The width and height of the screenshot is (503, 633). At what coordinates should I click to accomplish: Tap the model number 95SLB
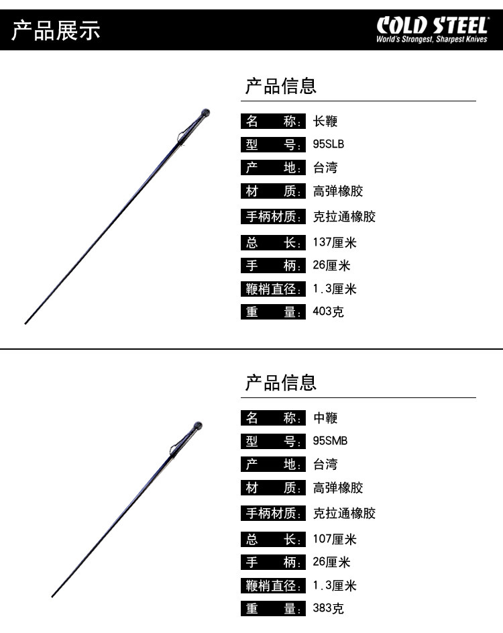329,144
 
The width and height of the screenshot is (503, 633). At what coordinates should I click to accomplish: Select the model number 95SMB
330,441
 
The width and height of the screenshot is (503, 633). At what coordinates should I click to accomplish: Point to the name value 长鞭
325,121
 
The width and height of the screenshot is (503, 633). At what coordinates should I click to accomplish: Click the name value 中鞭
325,418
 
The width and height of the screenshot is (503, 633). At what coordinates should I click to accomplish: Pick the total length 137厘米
335,242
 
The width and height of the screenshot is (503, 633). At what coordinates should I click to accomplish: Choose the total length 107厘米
335,539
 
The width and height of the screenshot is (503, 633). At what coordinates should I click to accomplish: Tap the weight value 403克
328,311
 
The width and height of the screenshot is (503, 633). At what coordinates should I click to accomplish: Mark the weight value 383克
328,609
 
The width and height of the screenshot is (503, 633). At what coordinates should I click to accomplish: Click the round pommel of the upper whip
207,113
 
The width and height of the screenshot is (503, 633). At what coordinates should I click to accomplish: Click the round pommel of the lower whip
199,426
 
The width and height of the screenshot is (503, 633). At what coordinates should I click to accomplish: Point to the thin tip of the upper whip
27,322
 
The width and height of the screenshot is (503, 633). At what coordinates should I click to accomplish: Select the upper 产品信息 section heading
280,86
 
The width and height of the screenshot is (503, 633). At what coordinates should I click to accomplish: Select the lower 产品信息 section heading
280,383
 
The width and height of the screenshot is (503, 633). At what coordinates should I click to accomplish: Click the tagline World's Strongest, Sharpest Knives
431,40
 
